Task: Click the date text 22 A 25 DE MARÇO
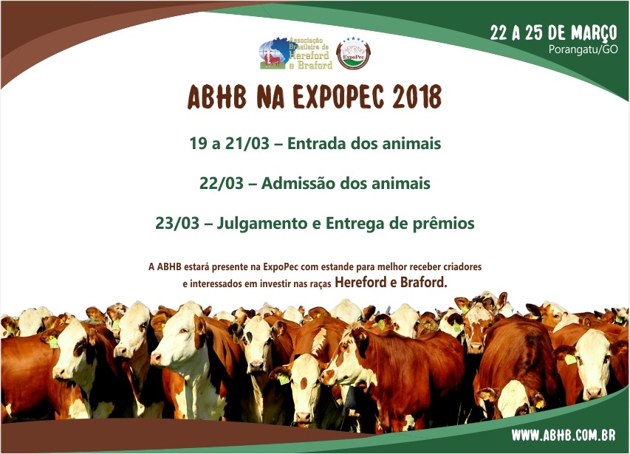tap(553, 32)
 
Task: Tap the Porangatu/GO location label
tap(583, 49)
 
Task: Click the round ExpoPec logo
tap(353, 53)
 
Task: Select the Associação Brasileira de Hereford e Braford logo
tap(296, 53)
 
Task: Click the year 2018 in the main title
tap(417, 97)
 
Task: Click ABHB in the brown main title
tap(216, 97)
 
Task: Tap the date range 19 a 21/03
tap(230, 143)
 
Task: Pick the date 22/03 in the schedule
tap(222, 183)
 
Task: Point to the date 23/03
tap(177, 223)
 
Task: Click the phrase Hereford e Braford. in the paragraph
tap(391, 282)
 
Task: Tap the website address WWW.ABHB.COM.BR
tap(564, 435)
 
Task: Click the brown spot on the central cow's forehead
tap(304, 382)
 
